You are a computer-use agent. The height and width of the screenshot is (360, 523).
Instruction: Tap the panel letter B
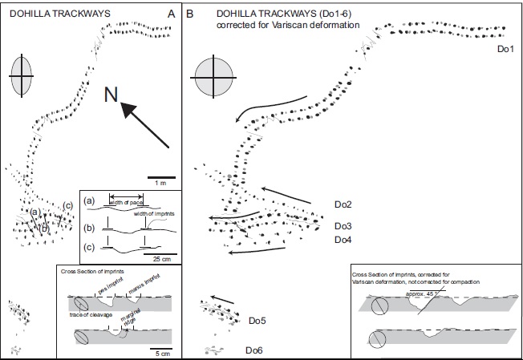pos(190,14)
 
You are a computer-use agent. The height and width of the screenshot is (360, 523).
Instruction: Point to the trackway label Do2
pos(344,205)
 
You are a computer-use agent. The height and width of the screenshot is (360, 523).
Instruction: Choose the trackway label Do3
pos(344,226)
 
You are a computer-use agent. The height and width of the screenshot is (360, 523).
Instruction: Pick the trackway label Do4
pos(344,240)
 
